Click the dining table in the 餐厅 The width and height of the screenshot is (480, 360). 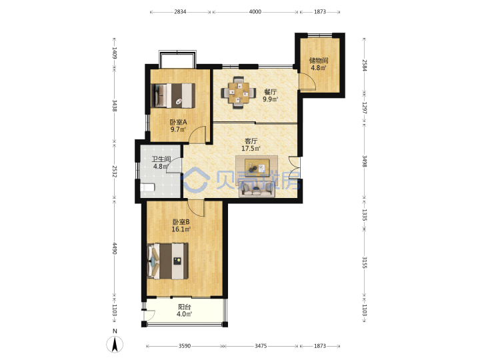239,92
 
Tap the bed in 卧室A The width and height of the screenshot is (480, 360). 173,95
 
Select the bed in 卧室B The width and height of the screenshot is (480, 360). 168,261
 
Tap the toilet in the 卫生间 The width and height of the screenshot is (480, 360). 147,187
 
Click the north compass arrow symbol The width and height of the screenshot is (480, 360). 115,345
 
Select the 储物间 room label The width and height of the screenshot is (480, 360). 319,60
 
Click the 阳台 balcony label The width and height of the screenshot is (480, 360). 184,307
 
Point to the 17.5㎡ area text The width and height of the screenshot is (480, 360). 251,149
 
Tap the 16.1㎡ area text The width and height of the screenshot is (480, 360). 181,229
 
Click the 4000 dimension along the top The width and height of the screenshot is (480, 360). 255,11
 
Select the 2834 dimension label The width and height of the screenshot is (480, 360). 180,11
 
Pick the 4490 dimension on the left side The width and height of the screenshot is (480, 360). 115,248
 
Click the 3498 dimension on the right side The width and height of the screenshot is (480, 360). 364,161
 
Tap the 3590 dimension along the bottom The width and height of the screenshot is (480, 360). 184,346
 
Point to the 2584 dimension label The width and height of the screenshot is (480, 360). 364,65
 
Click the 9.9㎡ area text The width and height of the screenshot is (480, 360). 270,99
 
